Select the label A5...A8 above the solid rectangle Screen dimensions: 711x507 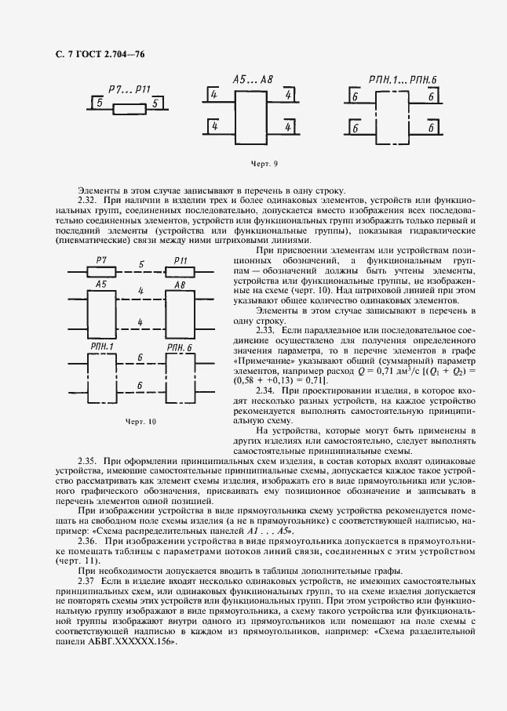(253, 80)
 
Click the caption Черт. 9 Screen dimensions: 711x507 (264, 164)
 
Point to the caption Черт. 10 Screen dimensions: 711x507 (141, 421)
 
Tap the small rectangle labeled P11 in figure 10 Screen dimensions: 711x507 (178, 271)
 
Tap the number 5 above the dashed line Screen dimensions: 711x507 (140, 264)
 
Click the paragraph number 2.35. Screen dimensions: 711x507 (89, 459)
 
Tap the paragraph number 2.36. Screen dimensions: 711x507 (89, 541)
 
